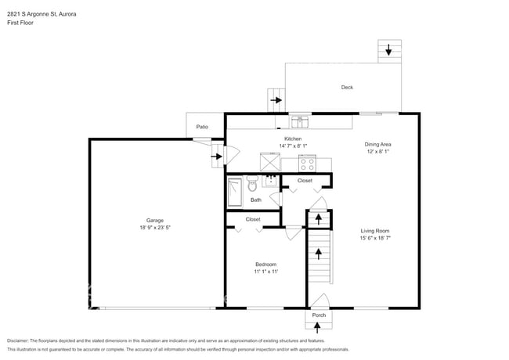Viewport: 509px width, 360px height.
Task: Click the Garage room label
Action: point(154,220)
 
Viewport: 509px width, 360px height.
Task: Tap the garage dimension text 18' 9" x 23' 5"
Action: point(154,228)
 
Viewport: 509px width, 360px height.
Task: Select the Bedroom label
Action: point(265,265)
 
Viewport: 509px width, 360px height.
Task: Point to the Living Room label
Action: point(375,230)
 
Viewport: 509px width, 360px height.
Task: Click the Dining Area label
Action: point(377,144)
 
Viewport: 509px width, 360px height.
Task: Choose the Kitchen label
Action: point(293,139)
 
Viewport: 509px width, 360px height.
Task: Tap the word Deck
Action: point(347,88)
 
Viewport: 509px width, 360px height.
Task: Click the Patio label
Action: point(202,126)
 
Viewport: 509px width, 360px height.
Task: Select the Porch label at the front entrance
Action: point(319,315)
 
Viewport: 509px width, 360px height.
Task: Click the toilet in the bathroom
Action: point(252,185)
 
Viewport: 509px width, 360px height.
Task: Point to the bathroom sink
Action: point(271,181)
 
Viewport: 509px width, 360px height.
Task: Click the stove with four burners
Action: point(307,163)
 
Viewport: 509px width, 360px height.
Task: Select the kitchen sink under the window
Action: point(299,121)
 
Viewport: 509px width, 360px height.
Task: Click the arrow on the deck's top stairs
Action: point(388,51)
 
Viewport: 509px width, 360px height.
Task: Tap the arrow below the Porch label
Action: point(319,327)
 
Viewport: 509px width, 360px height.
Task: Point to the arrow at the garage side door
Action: point(216,157)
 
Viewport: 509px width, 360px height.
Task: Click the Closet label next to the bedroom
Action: point(253,219)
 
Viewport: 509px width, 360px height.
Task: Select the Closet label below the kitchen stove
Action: point(305,181)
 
